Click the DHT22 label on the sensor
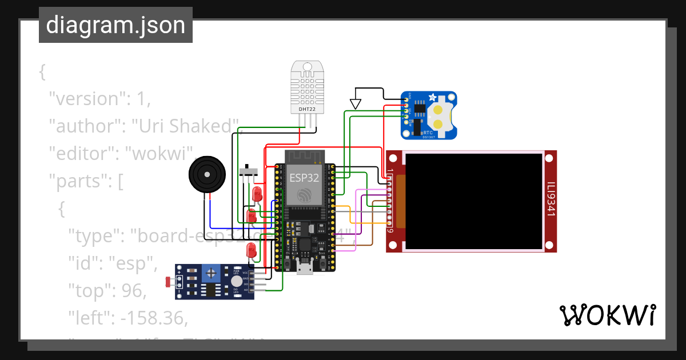(x=307, y=109)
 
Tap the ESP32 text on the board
(x=303, y=177)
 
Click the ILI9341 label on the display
(x=551, y=200)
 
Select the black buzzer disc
(x=207, y=175)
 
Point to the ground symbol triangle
(x=356, y=103)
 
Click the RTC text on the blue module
(x=428, y=132)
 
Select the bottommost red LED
(x=250, y=250)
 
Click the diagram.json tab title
(x=115, y=25)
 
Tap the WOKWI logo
(x=607, y=315)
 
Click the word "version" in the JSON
(x=86, y=99)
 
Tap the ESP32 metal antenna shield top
(x=304, y=156)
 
